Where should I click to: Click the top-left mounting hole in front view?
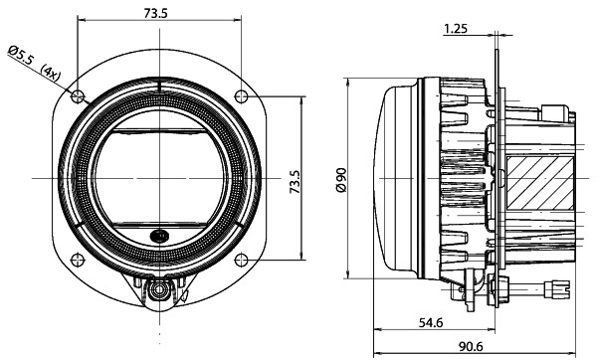coord(79,95)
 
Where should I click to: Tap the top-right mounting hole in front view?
coord(240,95)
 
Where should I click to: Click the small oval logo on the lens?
coord(159,236)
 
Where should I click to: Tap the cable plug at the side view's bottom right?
coord(552,290)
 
